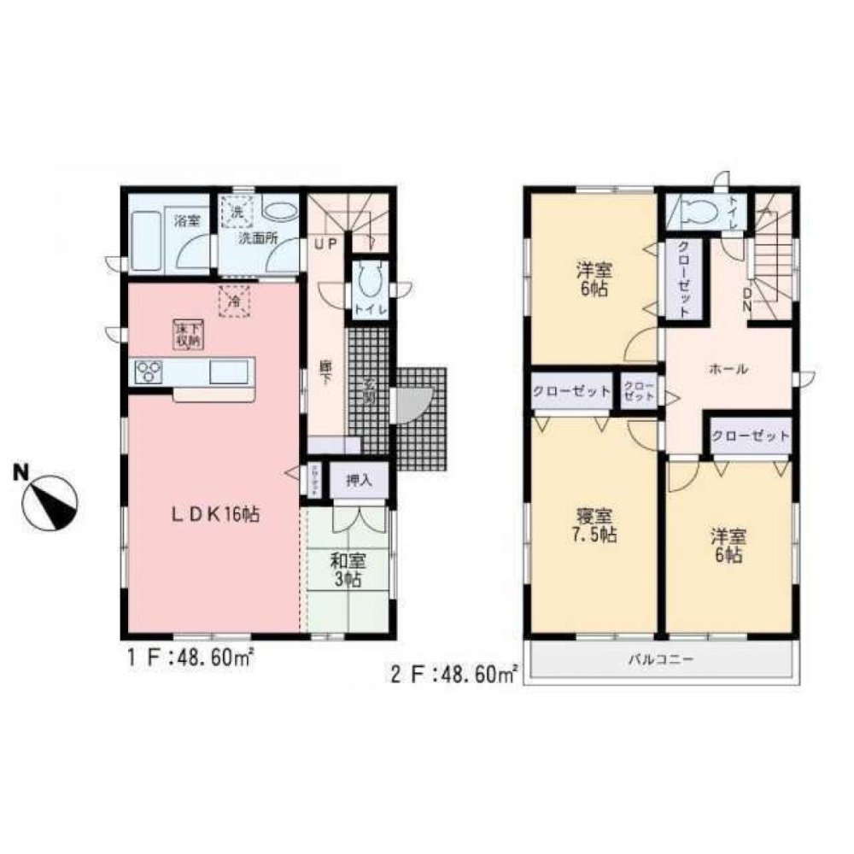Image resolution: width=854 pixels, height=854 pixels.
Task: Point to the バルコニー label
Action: click(662, 660)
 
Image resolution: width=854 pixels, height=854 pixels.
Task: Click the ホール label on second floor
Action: click(728, 370)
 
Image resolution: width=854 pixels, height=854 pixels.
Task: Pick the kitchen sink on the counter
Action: click(229, 372)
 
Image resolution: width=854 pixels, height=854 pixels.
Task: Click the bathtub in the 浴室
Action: click(150, 243)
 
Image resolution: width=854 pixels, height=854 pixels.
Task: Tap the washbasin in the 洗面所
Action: click(278, 211)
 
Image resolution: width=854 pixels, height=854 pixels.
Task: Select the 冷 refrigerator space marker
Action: click(232, 301)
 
